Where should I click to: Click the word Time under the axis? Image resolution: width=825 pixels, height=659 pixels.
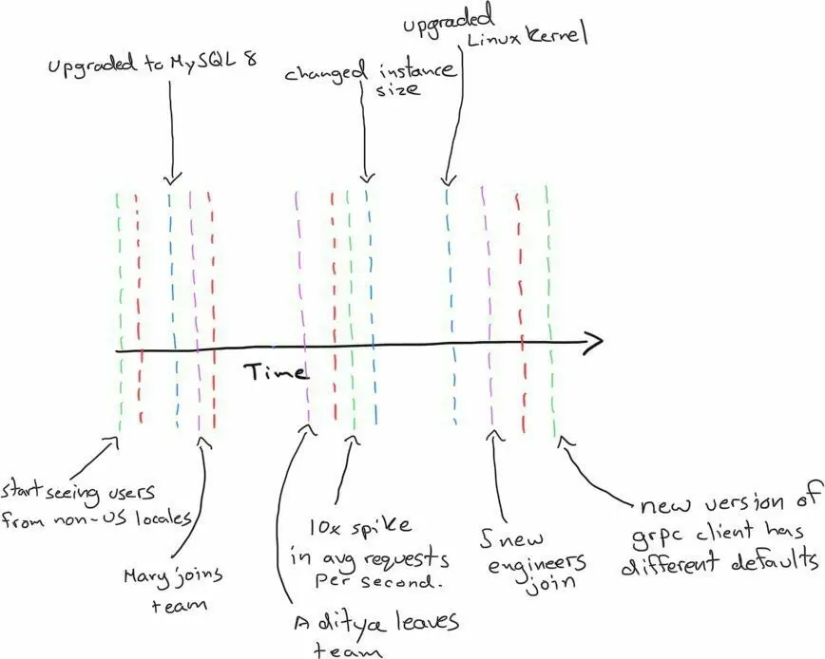coord(277,371)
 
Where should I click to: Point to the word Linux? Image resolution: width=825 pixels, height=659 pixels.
coord(494,41)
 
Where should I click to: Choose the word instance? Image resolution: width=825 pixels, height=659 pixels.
coord(415,71)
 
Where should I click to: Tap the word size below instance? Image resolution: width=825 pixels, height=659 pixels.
coord(397,89)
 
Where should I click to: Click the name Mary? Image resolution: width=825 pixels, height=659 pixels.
coord(142,577)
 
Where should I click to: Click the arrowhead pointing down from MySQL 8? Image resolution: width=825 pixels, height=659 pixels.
coord(173,179)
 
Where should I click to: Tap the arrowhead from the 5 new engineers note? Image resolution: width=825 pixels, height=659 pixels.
coord(494,435)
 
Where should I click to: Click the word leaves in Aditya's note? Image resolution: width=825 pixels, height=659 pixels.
coord(427,622)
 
